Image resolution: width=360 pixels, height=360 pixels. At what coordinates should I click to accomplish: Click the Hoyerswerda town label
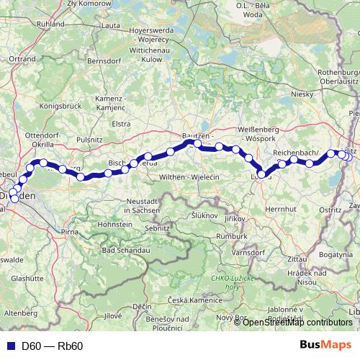[x=148, y=32]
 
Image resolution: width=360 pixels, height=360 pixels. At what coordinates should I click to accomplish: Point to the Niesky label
[x=300, y=94]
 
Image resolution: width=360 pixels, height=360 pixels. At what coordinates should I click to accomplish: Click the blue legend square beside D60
[x=8, y=346]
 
